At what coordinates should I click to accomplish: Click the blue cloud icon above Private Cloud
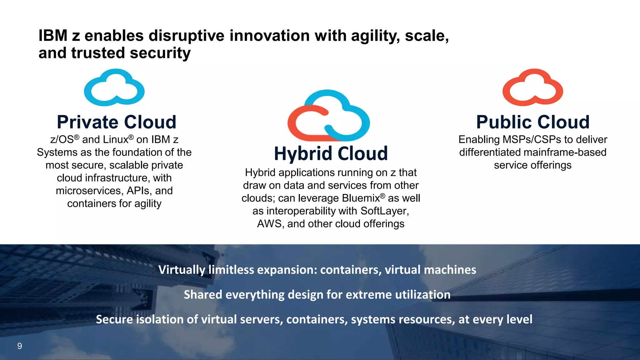114,87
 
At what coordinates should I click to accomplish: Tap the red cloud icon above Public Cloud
532,87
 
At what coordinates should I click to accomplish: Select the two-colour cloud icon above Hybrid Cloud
329,116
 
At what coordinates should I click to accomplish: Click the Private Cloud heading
117,122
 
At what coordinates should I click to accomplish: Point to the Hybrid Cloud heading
331,153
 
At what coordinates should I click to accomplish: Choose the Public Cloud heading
533,122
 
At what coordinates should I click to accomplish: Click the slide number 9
20,346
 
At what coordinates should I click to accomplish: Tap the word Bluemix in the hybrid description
361,198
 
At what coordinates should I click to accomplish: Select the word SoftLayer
384,211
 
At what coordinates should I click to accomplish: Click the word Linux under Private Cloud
116,139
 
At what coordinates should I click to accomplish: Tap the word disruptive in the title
187,36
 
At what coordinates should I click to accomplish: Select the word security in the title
160,53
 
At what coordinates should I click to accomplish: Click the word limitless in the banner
231,270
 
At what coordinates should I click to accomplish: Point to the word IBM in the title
53,36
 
